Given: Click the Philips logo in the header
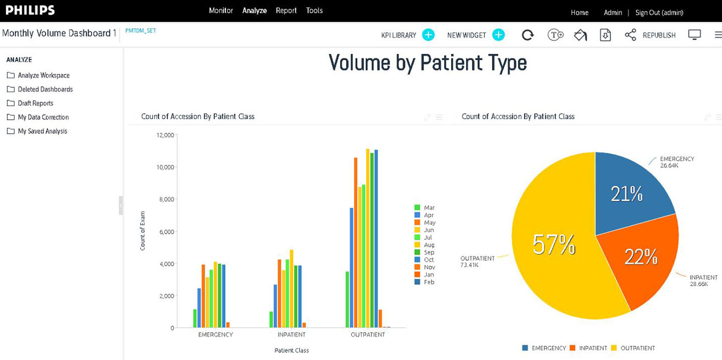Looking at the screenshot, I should (30, 10).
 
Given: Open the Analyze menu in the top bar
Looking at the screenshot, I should (254, 10).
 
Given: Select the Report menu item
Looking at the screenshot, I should (286, 10).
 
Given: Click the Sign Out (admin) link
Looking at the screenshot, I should (659, 12).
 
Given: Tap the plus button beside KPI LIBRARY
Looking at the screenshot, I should (428, 35).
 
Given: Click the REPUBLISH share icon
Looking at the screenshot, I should (630, 35).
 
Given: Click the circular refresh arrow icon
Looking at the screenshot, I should (527, 35).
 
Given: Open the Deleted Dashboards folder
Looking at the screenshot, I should (45, 89).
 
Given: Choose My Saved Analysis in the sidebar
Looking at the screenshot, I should (42, 131).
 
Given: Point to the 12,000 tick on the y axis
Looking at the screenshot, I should (165, 135).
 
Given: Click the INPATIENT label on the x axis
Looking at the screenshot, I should (292, 335).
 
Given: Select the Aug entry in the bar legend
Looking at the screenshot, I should (429, 245).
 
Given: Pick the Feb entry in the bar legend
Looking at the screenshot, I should (429, 282).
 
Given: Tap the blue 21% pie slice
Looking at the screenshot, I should (627, 194).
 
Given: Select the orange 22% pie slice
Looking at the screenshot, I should (641, 257).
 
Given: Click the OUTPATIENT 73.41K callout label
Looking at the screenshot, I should (477, 262).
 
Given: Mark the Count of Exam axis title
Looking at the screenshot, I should (143, 231).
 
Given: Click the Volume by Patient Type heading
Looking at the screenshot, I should (427, 63).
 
